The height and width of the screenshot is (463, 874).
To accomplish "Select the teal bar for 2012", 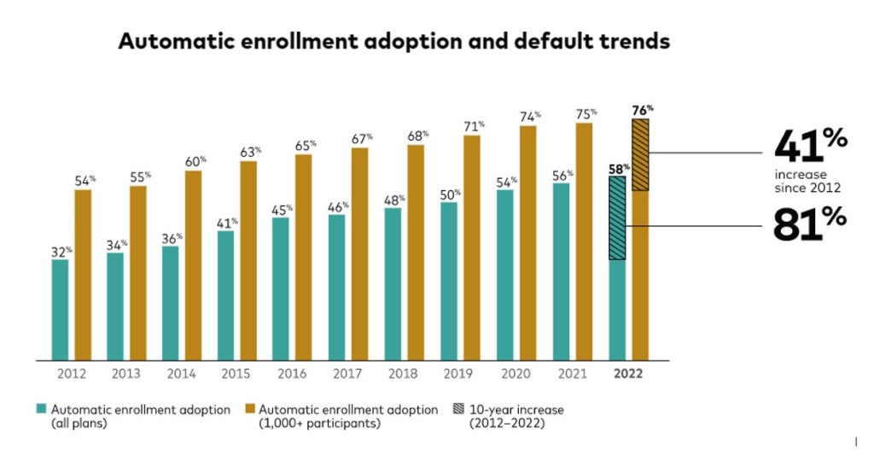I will (60, 310).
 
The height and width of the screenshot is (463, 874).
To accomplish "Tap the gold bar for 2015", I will (248, 260).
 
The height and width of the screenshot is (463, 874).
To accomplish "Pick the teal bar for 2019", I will (450, 281).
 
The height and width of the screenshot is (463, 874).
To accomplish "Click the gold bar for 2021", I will (584, 241).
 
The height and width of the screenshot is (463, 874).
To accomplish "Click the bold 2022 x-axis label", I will (628, 373).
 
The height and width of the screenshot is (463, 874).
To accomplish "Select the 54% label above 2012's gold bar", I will (83, 180).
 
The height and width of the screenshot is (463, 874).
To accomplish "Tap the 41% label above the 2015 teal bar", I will (226, 222).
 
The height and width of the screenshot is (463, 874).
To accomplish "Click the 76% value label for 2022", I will (643, 109).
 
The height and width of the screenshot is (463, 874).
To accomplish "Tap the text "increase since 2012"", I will (807, 182).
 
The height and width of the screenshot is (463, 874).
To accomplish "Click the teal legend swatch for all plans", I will (41, 409).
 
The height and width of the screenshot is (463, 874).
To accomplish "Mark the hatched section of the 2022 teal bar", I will (617, 217).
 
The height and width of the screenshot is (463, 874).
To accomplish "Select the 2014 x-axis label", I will (182, 373).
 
